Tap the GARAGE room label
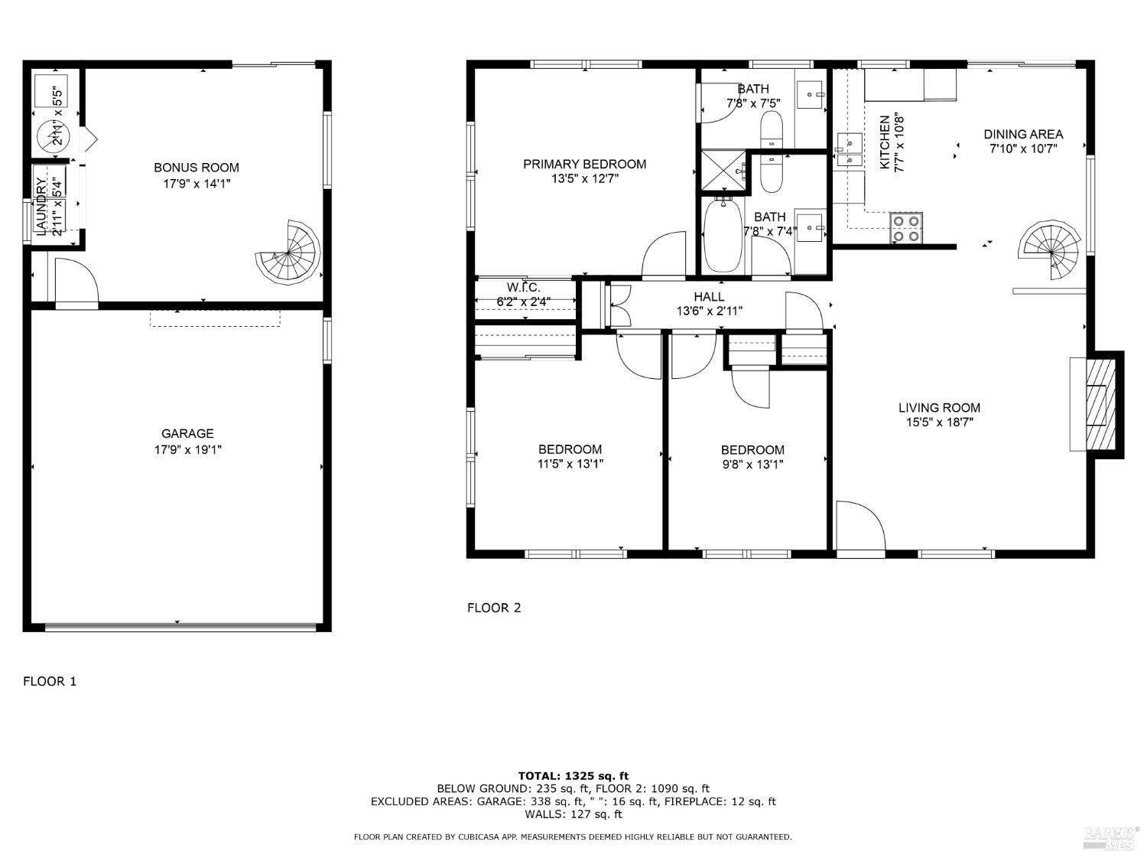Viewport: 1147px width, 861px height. coord(187,433)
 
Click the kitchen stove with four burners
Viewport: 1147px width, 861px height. coord(907,228)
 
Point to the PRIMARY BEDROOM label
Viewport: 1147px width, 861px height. coord(584,164)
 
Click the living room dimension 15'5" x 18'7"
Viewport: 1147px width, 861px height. coord(939,422)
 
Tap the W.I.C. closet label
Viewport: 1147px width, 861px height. coord(524,288)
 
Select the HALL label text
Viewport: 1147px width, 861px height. coord(709,297)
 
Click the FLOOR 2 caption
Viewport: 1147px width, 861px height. coord(494,608)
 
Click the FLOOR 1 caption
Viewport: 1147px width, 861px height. coord(50,681)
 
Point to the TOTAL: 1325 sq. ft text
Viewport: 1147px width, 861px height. coord(573,776)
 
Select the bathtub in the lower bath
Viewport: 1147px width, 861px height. coord(721,235)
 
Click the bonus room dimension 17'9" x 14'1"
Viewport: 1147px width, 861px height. coord(197,183)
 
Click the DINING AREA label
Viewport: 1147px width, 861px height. coord(1022,135)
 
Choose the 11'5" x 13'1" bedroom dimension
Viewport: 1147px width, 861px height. coord(570,463)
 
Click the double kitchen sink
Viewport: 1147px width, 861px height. coord(849,149)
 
